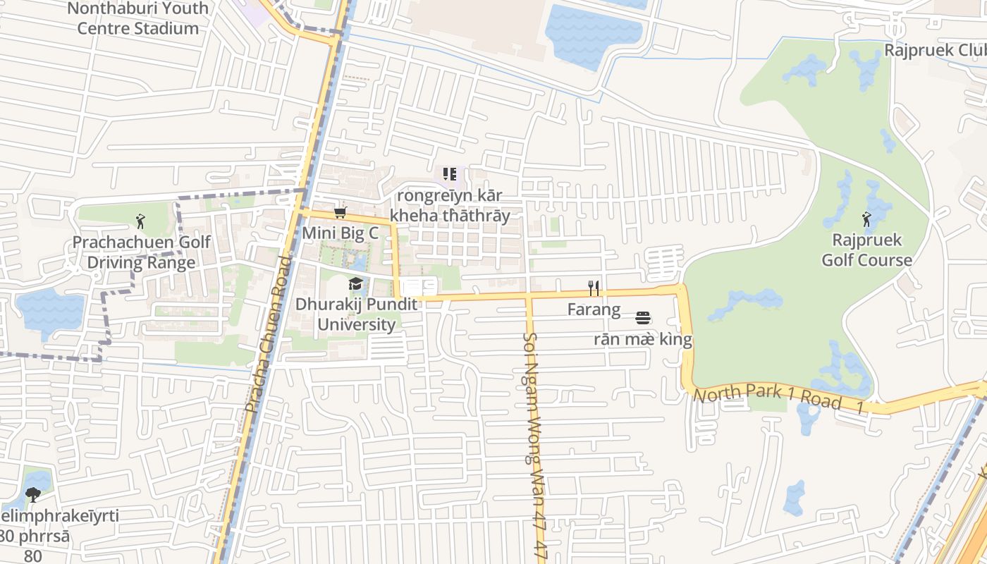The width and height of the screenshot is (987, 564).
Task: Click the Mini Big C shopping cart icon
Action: [341, 213]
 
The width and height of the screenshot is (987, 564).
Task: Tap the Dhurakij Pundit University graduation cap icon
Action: [355, 284]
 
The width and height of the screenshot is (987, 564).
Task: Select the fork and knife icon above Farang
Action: [594, 288]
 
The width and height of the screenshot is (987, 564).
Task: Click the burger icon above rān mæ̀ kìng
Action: [642, 318]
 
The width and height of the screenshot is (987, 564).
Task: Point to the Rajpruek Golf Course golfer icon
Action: [866, 220]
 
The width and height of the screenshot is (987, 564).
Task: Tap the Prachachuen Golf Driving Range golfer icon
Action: [141, 221]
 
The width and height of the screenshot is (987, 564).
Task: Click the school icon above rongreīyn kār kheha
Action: [450, 173]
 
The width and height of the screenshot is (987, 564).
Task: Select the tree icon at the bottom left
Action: [32, 495]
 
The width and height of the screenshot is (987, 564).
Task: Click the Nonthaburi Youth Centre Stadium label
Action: [138, 18]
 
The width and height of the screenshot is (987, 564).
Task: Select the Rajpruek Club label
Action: [935, 50]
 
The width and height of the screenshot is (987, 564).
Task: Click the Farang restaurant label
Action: [594, 309]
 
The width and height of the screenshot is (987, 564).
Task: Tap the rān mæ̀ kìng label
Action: [643, 340]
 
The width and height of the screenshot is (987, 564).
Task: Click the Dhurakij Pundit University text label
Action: [356, 314]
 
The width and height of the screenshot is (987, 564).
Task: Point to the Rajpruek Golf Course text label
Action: [867, 250]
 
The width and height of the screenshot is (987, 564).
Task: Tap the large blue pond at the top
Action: [592, 35]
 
